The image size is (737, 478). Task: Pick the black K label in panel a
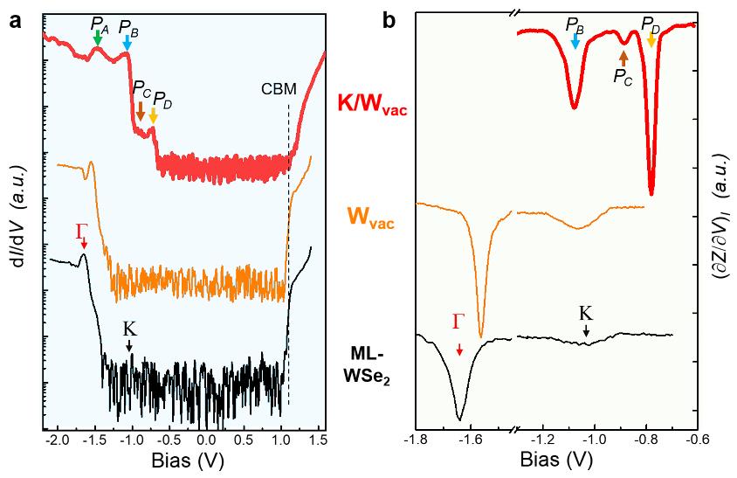click(129, 329)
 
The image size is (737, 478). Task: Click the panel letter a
click(15, 22)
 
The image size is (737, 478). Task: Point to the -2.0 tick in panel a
click(58, 442)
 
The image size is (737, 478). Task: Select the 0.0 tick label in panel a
click(206, 442)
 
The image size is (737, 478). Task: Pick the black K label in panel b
click(586, 313)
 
